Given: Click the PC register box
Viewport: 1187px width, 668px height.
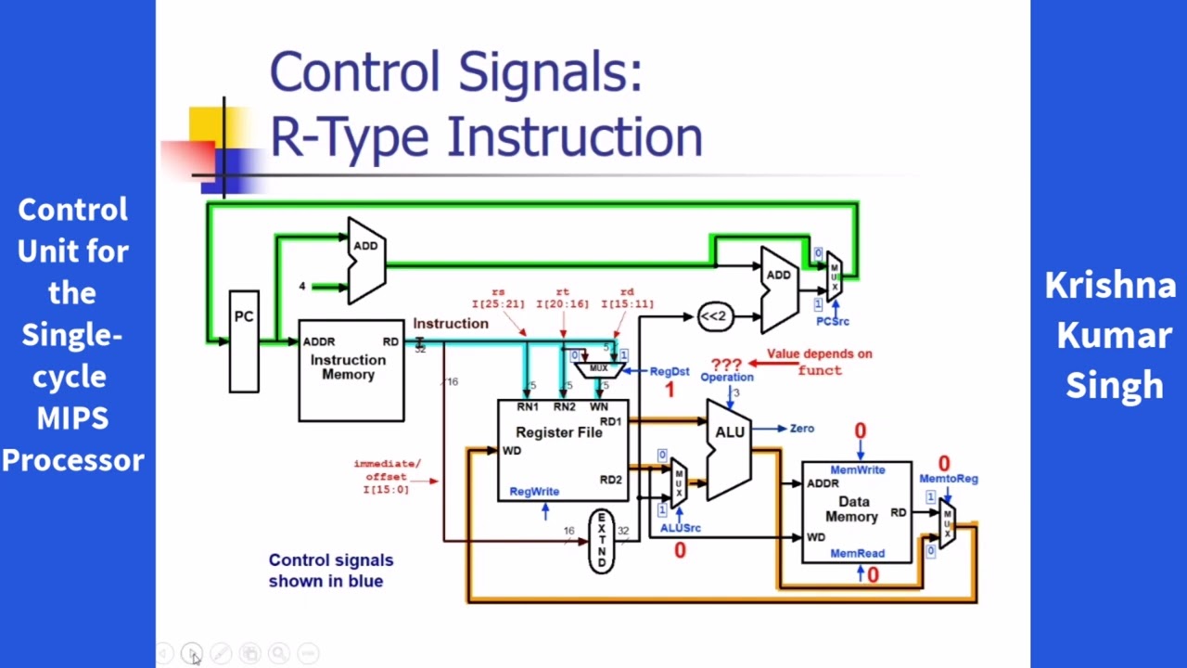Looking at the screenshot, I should [244, 341].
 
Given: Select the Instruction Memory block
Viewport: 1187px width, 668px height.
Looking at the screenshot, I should [351, 370].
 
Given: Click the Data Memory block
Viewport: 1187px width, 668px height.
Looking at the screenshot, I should [855, 512].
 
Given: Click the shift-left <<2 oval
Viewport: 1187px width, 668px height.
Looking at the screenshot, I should [712, 317].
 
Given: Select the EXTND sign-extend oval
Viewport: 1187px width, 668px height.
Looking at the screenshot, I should [601, 540].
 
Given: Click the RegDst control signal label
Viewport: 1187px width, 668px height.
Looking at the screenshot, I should [669, 371].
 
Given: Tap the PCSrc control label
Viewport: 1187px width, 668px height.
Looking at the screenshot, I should [832, 321].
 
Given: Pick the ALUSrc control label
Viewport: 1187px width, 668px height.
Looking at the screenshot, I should [680, 528].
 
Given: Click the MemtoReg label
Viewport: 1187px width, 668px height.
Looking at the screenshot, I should [948, 479].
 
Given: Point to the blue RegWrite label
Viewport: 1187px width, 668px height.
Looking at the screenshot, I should [534, 492].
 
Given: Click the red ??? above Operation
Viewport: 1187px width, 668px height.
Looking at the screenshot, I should [726, 364].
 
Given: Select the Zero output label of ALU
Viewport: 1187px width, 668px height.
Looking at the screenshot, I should [801, 429].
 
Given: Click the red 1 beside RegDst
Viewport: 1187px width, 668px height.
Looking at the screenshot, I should [670, 391].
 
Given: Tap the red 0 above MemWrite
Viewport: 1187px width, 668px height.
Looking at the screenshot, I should [860, 431].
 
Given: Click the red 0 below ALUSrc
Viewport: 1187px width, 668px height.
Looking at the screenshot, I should [680, 551].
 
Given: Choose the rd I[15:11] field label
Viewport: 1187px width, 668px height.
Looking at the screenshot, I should [628, 298].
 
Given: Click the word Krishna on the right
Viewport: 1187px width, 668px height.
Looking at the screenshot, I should [1110, 286].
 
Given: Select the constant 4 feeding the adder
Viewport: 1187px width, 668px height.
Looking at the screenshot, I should [301, 287].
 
